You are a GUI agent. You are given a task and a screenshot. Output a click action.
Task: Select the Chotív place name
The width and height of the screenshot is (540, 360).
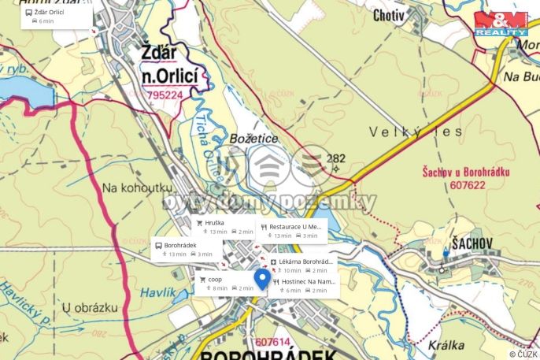(389, 14)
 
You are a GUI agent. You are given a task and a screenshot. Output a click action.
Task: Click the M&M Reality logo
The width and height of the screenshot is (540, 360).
(501, 23)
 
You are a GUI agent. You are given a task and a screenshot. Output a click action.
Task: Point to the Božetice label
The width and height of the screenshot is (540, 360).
(253, 139)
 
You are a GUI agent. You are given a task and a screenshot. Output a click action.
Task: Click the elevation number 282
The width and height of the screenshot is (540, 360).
(336, 158)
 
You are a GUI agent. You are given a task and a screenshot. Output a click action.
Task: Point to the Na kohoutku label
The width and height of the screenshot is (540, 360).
(136, 187)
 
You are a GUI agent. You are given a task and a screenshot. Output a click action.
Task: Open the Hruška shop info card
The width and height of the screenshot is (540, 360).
(224, 227)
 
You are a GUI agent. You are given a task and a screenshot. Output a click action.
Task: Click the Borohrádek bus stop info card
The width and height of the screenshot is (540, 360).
(186, 249)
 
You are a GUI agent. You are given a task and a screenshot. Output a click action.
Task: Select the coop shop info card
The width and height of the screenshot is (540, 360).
(228, 283)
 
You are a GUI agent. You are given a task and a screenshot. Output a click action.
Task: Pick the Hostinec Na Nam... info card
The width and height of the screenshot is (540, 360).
(305, 285)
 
